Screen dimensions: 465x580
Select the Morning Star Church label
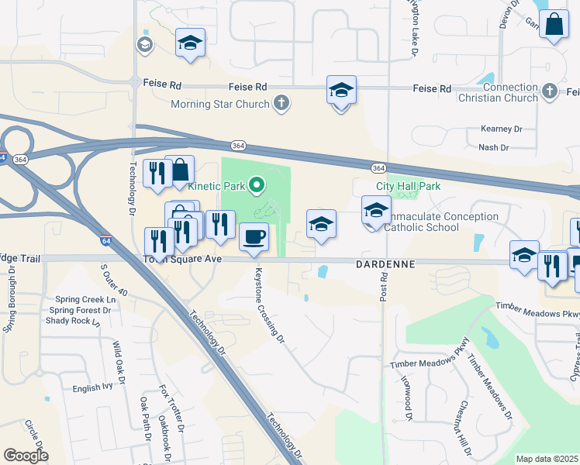click(220, 103)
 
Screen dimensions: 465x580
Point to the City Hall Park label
click(408, 186)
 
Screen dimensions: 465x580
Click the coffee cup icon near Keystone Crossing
click(254, 236)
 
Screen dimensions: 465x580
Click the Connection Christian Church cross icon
click(549, 92)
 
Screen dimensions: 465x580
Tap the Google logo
click(26, 456)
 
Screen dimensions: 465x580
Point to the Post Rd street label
click(383, 291)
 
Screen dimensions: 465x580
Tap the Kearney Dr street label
click(502, 129)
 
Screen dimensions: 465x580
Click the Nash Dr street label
click(493, 147)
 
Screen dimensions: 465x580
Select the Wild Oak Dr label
click(119, 363)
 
